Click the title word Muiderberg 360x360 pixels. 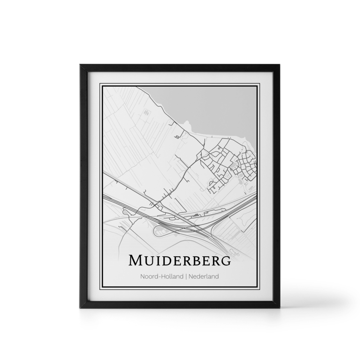click(x=180, y=260)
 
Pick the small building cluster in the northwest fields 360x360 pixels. click(x=146, y=113)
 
